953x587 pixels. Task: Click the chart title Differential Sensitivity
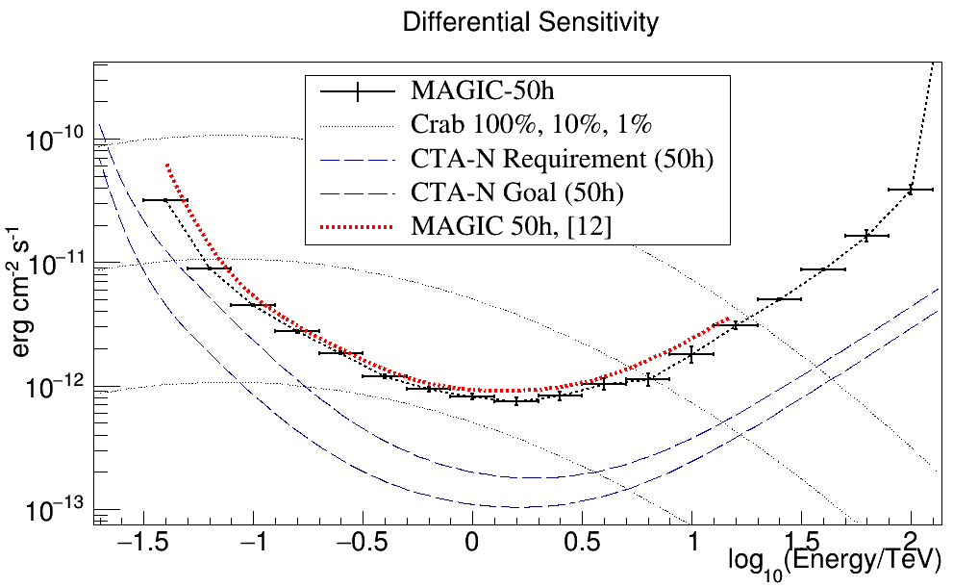coord(531,23)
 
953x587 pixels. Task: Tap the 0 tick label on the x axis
coord(472,547)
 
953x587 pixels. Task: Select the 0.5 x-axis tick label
coord(581,547)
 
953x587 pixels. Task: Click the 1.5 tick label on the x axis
coord(800,547)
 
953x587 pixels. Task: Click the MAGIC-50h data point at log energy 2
coord(910,190)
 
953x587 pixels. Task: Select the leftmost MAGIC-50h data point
coord(164,200)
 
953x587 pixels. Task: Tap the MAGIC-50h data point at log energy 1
coord(690,354)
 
